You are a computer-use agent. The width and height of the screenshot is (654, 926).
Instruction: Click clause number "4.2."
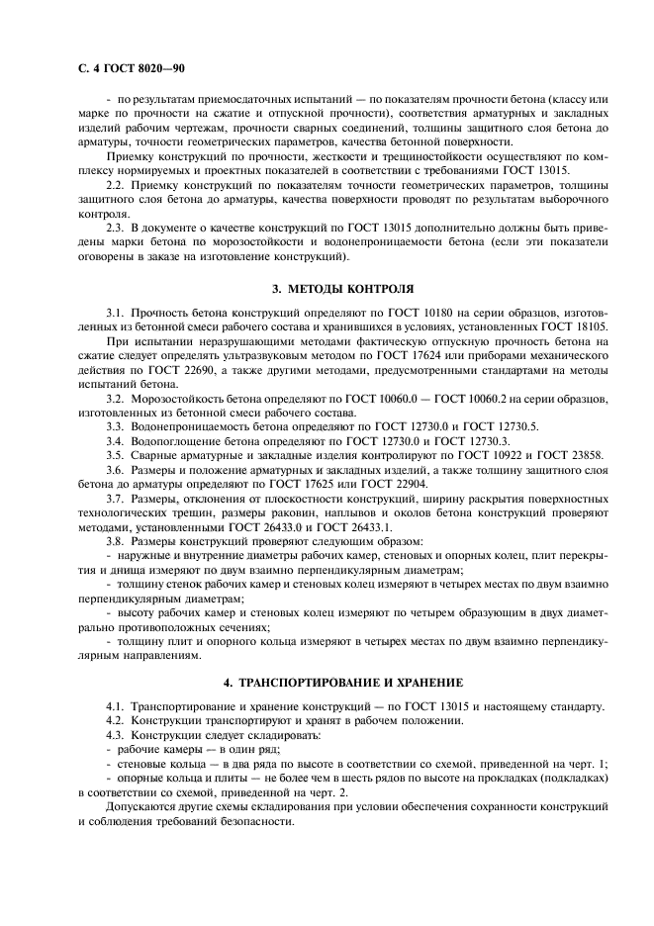(x=117, y=720)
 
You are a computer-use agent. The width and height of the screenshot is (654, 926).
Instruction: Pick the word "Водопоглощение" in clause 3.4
(x=176, y=440)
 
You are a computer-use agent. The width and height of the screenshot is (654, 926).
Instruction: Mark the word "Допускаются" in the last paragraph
(x=141, y=808)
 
